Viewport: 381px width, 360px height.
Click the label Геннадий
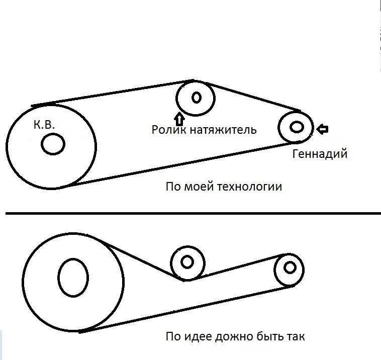pyautogui.click(x=320, y=154)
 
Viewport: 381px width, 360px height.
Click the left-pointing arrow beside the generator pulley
pyautogui.click(x=322, y=129)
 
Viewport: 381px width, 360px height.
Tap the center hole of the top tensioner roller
pyautogui.click(x=196, y=97)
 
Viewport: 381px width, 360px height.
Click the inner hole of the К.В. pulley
pyautogui.click(x=53, y=145)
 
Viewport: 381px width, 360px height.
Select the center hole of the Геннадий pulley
pyautogui.click(x=297, y=127)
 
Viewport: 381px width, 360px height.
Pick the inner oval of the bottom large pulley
pyautogui.click(x=73, y=277)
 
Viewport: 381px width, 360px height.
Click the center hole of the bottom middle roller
pyautogui.click(x=187, y=262)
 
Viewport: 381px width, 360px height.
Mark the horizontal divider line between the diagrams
pyautogui.click(x=191, y=214)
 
